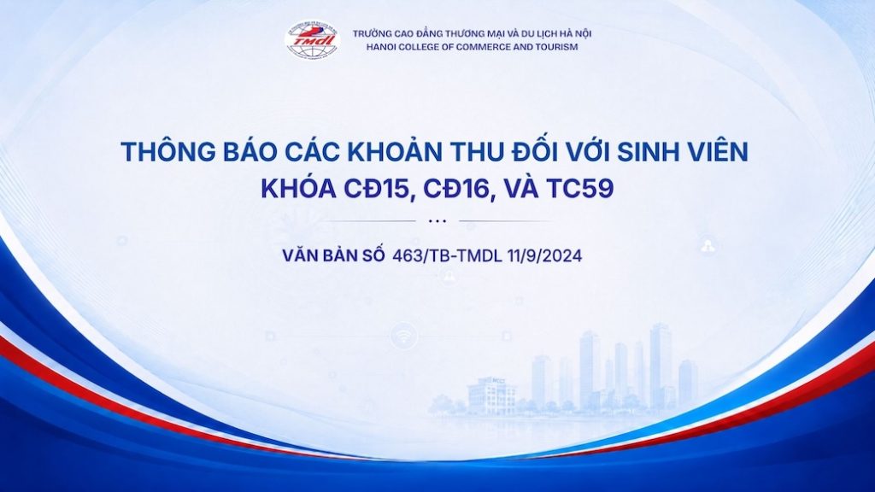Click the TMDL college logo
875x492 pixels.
pos(313,39)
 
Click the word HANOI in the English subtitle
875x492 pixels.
pos(380,47)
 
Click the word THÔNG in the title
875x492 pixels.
pos(168,152)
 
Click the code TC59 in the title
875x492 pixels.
pos(580,189)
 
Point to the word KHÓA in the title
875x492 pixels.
pos(298,189)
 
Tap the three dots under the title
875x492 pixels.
pos(437,221)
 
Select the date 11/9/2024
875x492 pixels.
pos(544,255)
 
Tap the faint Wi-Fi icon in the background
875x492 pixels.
pos(403,337)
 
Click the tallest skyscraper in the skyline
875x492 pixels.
pos(661,366)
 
